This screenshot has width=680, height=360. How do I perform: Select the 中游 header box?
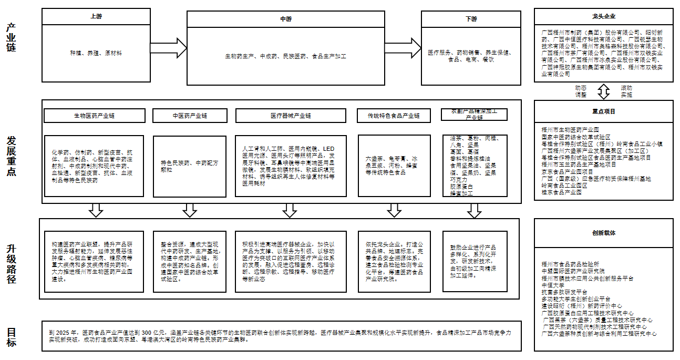point(285,19)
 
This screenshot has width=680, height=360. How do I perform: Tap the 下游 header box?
point(471,19)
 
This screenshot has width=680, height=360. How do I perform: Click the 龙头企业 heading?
point(603,17)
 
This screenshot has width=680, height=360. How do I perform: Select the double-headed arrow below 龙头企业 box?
point(603,91)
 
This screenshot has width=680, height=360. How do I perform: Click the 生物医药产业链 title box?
point(94,116)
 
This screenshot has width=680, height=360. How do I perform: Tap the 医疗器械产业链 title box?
point(291,116)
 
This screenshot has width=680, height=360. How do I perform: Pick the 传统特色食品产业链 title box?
point(394,116)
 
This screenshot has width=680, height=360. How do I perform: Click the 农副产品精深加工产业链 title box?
point(475,115)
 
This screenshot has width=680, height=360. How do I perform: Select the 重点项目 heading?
point(603,112)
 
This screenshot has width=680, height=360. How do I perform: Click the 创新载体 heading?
point(603,233)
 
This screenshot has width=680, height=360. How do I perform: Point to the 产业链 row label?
point(11,37)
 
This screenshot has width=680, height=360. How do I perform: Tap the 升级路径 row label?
point(11,264)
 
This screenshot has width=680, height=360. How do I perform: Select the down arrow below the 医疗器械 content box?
point(290,211)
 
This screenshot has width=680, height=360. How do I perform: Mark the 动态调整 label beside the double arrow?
point(581,91)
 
